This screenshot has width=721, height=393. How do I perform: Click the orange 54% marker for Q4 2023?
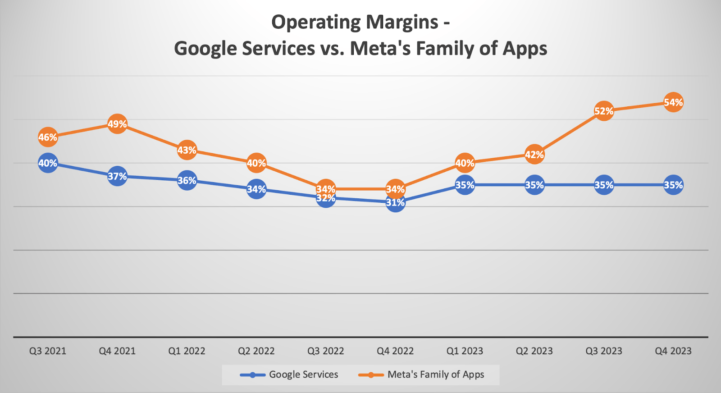pos(673,102)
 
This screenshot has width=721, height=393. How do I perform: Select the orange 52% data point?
pos(604,111)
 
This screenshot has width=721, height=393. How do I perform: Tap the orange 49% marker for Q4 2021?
pos(117,124)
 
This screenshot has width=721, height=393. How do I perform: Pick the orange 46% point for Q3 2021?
pos(48,137)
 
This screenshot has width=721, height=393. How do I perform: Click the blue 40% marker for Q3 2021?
pos(48,163)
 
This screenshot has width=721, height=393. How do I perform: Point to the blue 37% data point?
pos(117,176)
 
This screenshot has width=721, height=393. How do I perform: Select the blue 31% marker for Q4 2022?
pos(395,202)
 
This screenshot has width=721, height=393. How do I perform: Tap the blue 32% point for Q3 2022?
pos(326,198)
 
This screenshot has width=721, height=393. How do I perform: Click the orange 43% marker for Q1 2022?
pos(187,150)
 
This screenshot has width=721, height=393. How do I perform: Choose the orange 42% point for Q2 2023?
pos(534,155)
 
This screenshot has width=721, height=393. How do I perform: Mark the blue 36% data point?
pos(187,180)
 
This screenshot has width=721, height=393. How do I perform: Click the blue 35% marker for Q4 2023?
pos(673,185)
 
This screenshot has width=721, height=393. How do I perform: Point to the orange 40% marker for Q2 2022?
pos(256,163)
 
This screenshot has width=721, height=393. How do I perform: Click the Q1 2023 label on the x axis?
pos(465,351)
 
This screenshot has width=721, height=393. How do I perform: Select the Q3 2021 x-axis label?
pos(48,351)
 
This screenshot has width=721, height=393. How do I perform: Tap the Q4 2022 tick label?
pos(395,351)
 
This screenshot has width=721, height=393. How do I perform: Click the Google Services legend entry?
pos(289,375)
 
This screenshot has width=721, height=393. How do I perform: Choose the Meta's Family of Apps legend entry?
pos(421,375)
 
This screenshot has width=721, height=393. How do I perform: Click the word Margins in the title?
pos(402,23)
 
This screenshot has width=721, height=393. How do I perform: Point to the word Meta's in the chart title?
pos(380,49)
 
